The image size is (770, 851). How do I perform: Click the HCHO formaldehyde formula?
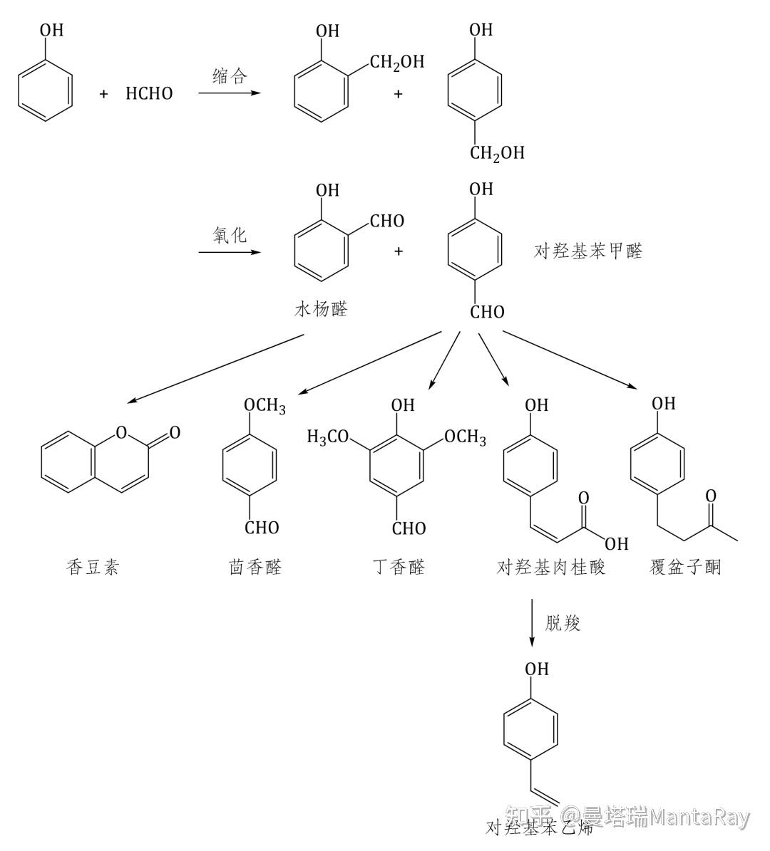149,94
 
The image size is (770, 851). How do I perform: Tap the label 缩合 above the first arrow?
230,77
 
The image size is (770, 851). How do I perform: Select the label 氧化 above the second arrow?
230,236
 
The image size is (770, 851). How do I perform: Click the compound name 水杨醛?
321,309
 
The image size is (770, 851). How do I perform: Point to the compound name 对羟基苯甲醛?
588,251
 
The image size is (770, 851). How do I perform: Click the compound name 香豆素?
93,568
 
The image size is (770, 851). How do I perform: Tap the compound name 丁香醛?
399,568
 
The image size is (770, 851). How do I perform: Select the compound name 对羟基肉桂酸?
551,568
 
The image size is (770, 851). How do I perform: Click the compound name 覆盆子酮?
685,568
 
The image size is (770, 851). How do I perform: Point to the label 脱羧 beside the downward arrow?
563,623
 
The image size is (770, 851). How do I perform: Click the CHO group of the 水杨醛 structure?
387,221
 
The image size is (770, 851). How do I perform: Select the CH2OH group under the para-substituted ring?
497,153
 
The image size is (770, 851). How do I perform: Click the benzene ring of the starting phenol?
45,92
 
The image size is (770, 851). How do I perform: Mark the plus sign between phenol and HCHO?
104,94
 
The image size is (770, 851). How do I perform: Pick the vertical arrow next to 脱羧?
533,623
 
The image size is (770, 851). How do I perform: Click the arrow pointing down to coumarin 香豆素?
214,368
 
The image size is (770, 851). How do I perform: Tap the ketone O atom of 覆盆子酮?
710,495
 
